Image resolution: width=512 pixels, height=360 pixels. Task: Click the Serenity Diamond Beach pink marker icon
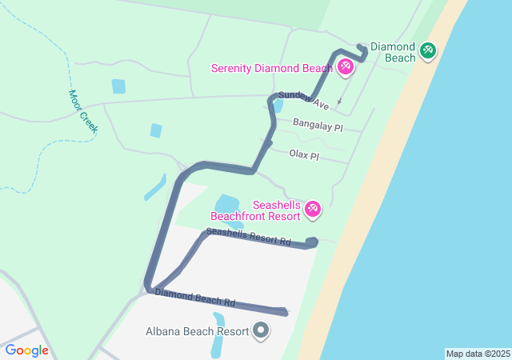click(346, 66)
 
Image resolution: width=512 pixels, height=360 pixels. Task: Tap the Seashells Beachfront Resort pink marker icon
click(313, 210)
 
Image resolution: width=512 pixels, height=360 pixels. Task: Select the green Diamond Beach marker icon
click(428, 50)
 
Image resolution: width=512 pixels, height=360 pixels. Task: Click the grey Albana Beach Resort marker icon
click(260, 330)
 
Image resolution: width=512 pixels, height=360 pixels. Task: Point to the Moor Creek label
click(82, 110)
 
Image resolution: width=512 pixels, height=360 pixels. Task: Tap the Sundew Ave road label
click(303, 100)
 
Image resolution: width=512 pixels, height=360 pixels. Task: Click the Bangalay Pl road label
click(318, 126)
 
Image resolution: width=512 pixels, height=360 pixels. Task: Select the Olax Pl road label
click(304, 154)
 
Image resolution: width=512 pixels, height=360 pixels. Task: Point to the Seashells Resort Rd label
click(248, 237)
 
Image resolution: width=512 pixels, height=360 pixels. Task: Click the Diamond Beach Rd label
click(195, 298)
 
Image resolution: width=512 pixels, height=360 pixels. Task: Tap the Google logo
click(26, 350)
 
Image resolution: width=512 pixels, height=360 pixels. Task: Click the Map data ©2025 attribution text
click(478, 354)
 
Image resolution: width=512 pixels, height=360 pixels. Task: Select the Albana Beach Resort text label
click(195, 331)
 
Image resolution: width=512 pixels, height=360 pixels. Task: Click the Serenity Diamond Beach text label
click(272, 68)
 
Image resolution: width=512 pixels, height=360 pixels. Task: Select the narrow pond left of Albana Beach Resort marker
click(217, 336)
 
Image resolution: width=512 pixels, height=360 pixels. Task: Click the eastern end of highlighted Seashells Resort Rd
click(313, 242)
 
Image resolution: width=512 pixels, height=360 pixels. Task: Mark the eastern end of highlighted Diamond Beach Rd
click(284, 311)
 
